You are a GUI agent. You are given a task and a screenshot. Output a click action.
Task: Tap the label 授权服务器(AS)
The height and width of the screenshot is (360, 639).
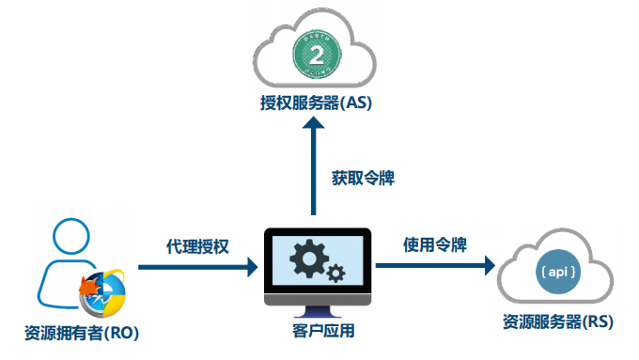coord(317,103)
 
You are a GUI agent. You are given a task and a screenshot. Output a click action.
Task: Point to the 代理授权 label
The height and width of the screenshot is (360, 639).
coord(196,246)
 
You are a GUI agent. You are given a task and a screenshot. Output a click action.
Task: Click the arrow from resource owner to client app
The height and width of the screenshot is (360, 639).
coord(197,268)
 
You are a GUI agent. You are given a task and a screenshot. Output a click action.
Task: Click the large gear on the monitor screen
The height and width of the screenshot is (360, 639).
coord(307,256)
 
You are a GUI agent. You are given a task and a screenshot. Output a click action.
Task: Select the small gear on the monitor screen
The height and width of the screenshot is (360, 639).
coord(335,274)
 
